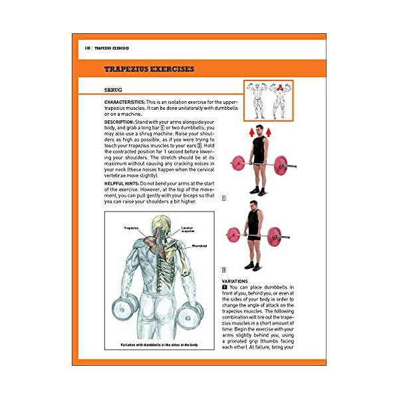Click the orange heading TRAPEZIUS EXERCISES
(149, 69)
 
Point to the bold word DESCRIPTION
(120, 122)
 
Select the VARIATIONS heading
(237, 281)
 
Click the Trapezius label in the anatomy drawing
(130, 228)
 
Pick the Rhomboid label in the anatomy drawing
(199, 246)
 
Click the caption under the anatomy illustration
(159, 345)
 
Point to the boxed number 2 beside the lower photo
(224, 270)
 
